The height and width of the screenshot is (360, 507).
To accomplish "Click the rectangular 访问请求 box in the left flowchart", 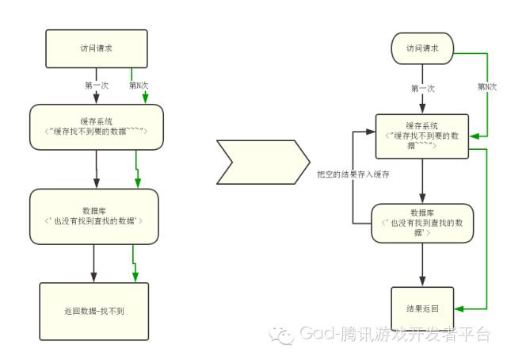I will point(97,48).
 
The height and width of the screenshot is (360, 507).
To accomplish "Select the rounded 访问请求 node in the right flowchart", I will point(422,48).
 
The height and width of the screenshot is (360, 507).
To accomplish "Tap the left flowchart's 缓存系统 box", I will point(97,127).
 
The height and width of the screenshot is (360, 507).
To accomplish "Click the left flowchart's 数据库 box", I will point(97,216).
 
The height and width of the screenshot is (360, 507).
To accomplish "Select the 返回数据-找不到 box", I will point(93,311).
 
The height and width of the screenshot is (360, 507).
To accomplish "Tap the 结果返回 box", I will point(422,308).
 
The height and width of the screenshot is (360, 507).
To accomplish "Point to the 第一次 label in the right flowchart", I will point(422,89).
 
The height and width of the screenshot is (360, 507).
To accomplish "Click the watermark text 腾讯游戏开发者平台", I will point(416,336).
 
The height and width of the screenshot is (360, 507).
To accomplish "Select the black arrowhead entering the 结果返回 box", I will point(422,281).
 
